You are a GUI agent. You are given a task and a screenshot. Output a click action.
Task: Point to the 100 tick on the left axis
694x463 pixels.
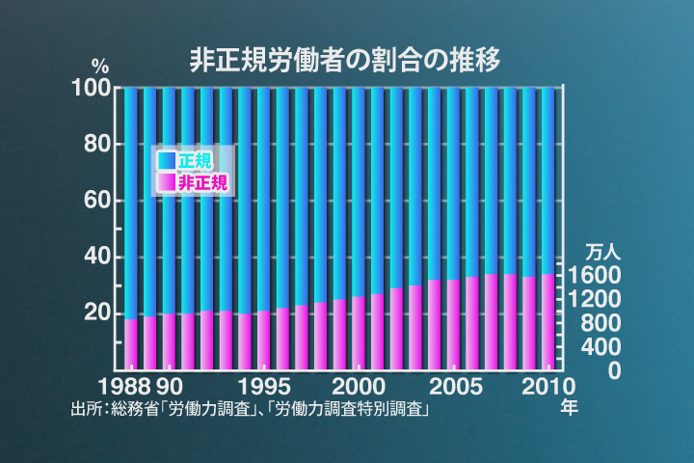[x=93, y=88]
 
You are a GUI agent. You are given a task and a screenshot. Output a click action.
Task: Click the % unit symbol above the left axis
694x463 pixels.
[x=100, y=67]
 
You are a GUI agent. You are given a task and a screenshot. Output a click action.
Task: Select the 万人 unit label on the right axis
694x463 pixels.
[x=605, y=253]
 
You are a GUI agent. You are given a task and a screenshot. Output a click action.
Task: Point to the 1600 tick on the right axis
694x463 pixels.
[x=606, y=276]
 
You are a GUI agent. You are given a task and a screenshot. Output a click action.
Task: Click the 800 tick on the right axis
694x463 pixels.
[x=611, y=323]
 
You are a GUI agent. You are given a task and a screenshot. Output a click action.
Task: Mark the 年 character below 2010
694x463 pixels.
[x=569, y=407]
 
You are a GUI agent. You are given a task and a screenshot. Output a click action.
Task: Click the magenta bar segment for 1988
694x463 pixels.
[x=131, y=343]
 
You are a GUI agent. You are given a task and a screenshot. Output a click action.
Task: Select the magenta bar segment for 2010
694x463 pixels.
[x=547, y=321]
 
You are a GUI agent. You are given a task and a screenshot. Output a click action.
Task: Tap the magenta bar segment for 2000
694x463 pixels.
[x=358, y=333]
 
